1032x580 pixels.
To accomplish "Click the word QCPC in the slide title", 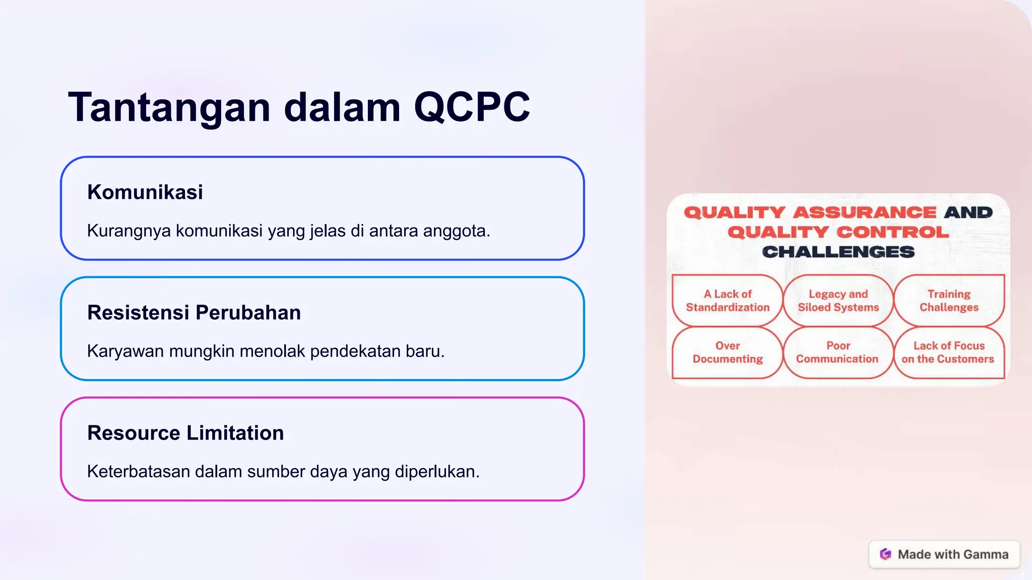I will click(472, 107).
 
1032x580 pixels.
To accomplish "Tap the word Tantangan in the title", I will click(169, 107).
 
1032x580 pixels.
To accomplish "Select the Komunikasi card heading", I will click(145, 192).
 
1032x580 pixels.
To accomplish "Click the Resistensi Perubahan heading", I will click(194, 313).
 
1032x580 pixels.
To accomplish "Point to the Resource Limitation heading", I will click(185, 433).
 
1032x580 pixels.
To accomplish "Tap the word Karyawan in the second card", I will click(125, 351).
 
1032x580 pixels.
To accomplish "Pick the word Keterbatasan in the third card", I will click(138, 472).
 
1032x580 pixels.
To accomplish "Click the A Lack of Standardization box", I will click(727, 301).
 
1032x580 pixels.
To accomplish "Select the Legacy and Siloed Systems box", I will click(838, 301).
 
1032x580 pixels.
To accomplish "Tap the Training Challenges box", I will click(949, 301).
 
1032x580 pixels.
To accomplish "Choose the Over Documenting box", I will click(727, 352).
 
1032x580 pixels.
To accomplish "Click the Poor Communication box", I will click(837, 352).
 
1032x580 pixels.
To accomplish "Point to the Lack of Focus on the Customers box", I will click(948, 352).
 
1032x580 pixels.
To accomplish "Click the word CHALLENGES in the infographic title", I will click(838, 252).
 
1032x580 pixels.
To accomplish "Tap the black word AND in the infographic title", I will click(968, 212).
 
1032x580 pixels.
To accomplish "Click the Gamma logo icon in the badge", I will click(885, 554).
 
